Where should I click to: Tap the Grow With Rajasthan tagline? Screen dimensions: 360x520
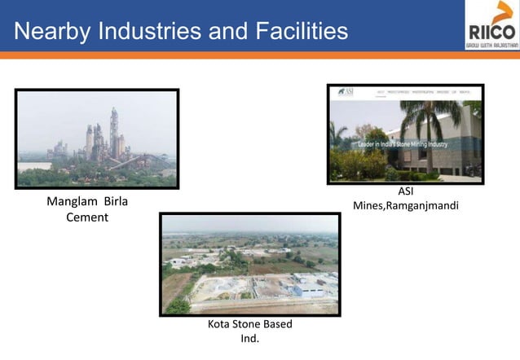[x=491, y=46]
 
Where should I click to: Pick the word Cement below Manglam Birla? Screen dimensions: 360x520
[x=87, y=217]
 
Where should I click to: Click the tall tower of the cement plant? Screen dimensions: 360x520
[x=114, y=130]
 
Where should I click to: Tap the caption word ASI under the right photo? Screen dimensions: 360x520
[x=405, y=191]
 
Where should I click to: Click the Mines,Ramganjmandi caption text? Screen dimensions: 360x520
[x=405, y=206]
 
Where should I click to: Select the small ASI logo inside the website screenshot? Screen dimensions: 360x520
[x=346, y=92]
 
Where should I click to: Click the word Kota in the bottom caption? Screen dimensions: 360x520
[x=221, y=324]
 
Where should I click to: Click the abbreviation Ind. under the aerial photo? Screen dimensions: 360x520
[x=249, y=339]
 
